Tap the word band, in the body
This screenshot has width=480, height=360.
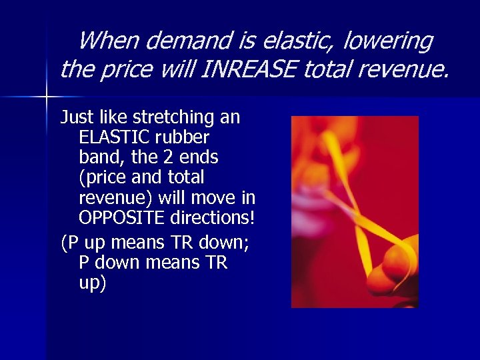click(98, 157)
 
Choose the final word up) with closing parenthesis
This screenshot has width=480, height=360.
click(92, 283)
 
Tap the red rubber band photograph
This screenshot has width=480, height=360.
click(354, 211)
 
